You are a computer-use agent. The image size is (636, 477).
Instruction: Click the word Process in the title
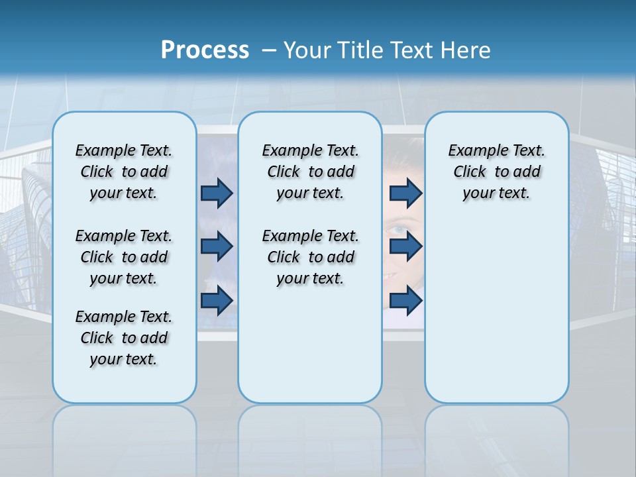(205, 50)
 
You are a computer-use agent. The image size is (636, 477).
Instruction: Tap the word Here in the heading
(466, 50)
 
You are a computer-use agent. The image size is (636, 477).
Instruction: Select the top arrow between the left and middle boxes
(217, 193)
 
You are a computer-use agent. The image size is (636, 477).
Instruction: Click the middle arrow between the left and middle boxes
(217, 246)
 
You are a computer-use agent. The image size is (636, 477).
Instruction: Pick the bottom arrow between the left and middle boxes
(217, 300)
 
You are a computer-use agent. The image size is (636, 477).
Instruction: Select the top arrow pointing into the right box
(405, 193)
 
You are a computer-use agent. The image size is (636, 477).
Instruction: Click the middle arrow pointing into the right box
(405, 246)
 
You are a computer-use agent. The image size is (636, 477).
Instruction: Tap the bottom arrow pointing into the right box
(405, 300)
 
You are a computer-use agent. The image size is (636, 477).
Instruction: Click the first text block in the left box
(124, 172)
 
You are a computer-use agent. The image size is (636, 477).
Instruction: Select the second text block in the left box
(124, 257)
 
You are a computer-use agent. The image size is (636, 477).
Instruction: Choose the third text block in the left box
(124, 338)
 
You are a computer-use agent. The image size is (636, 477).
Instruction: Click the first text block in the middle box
(310, 172)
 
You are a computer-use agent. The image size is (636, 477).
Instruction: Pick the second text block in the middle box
(310, 257)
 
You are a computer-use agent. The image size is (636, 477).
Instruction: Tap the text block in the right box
(496, 172)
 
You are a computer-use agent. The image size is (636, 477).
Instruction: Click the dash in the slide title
(269, 50)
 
